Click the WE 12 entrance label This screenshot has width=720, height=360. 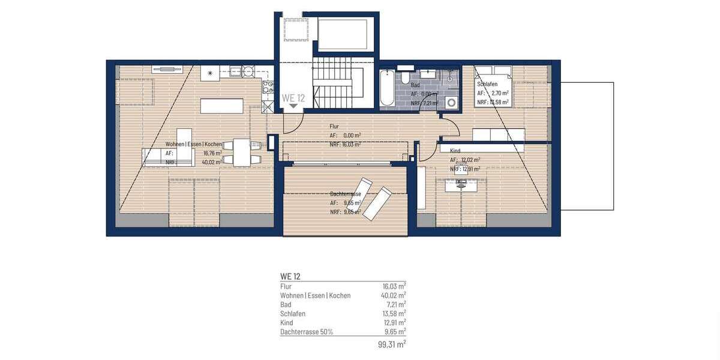tap(293, 98)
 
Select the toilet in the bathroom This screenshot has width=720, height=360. tap(406, 78)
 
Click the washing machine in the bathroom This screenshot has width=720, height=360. tap(452, 103)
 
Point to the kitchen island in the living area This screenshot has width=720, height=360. tap(222, 106)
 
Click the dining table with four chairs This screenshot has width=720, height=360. tap(241, 152)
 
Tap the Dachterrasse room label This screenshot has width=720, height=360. tap(346, 194)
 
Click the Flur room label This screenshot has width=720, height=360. tap(334, 127)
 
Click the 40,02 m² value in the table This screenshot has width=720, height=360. tap(394, 295)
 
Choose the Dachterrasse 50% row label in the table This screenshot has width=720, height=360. tap(307, 331)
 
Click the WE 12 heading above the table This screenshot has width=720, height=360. tap(290, 277)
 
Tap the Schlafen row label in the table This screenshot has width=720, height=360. tap(293, 313)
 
